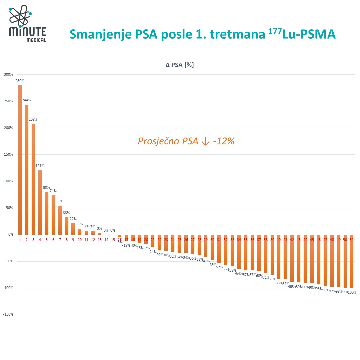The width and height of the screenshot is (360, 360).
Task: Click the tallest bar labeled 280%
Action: click(20, 160)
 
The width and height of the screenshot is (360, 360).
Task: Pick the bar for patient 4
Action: click(40, 202)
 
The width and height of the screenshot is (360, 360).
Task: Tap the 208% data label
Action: click(33, 119)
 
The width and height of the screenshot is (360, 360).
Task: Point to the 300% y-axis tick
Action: click(8, 74)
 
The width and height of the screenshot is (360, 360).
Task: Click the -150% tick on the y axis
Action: click(8, 315)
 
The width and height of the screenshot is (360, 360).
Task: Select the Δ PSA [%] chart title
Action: click(180, 65)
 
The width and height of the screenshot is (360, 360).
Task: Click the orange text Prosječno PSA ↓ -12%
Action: click(186, 141)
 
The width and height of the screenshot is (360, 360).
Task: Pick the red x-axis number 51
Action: click(352, 240)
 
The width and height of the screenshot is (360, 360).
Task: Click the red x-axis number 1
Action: click(20, 240)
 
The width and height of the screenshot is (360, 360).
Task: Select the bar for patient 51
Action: click(352, 261)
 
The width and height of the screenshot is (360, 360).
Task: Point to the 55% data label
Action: click(60, 201)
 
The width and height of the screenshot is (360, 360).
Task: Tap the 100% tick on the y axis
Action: click(8, 181)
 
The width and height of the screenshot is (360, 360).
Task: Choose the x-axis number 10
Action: click(80, 240)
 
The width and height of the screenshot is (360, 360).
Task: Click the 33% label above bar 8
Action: click(66, 213)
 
